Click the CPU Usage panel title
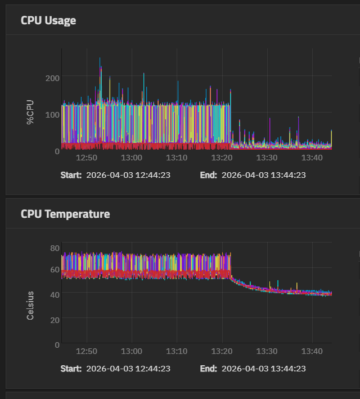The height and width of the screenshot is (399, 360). click(48, 21)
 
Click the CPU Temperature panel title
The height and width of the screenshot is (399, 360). click(65, 214)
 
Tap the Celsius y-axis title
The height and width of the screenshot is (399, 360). click(30, 306)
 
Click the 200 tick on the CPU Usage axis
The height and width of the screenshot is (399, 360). click(53, 77)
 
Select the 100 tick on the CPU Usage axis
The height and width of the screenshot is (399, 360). click(53, 115)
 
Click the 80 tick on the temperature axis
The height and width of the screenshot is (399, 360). click(55, 248)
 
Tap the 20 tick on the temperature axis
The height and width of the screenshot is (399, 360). click(55, 320)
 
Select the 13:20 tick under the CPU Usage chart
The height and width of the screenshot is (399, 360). click(222, 158)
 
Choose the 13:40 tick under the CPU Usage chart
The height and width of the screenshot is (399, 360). click(312, 158)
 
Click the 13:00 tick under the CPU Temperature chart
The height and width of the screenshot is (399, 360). click(132, 351)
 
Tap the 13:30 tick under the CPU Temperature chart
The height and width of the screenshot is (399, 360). click(267, 351)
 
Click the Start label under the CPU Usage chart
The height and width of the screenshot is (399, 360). click(71, 175)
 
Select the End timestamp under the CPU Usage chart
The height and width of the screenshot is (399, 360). click(264, 175)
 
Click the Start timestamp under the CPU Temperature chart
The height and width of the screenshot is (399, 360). click(128, 369)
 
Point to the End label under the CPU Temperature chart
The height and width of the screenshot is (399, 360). click(208, 369)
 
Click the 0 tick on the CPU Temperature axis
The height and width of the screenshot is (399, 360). click(57, 344)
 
